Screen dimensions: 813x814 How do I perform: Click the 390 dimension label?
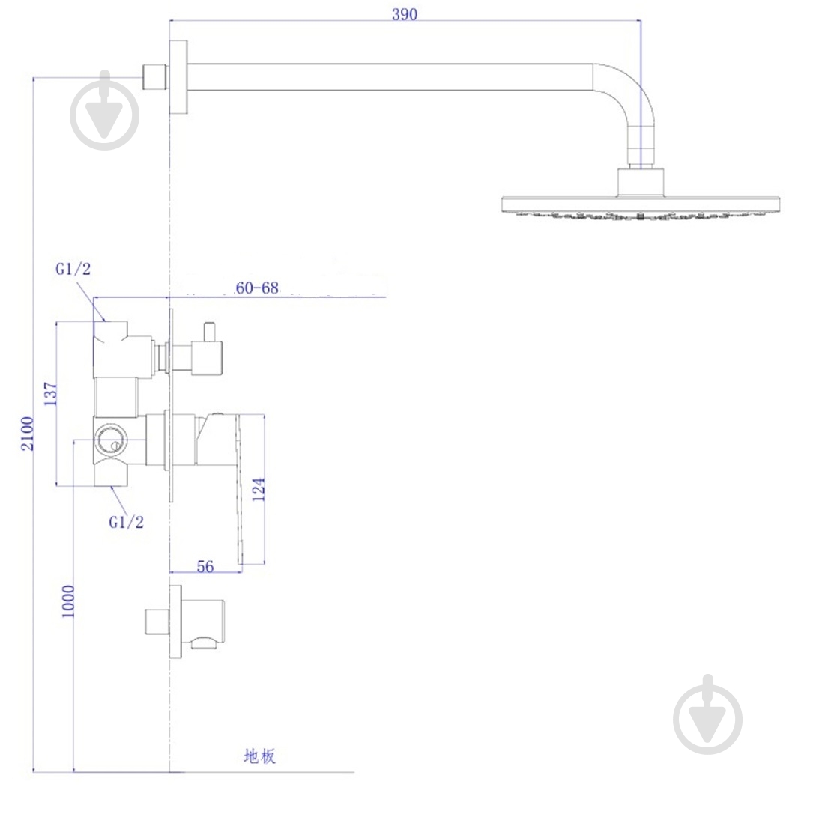(x=404, y=14)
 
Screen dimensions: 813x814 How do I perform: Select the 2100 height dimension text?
(x=27, y=433)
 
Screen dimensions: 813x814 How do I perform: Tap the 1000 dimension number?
(x=68, y=601)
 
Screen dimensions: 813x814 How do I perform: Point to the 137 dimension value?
(x=50, y=393)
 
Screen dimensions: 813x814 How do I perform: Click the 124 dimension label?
(x=259, y=489)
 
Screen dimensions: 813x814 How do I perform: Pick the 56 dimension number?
(x=205, y=566)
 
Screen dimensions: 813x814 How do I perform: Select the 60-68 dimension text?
(x=257, y=287)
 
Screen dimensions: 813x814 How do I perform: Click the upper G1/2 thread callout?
(x=73, y=268)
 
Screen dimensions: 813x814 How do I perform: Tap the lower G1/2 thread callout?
(x=126, y=522)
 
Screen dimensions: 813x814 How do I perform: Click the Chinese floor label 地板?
(x=260, y=756)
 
